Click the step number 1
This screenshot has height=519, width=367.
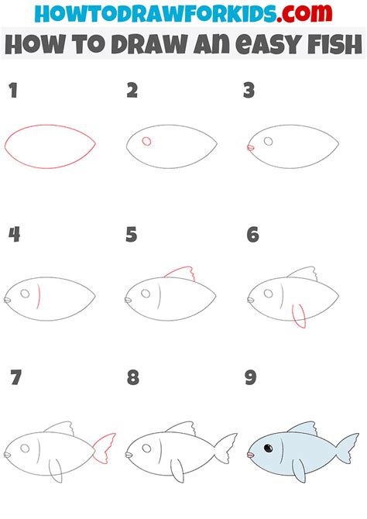(x=12, y=92)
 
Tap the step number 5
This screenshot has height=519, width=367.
(x=132, y=235)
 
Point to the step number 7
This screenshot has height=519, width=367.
(x=15, y=378)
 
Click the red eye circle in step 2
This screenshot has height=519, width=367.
(x=146, y=142)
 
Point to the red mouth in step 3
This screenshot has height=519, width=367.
(x=249, y=146)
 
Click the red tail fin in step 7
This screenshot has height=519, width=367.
(x=104, y=449)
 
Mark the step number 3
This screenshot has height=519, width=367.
(x=249, y=92)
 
